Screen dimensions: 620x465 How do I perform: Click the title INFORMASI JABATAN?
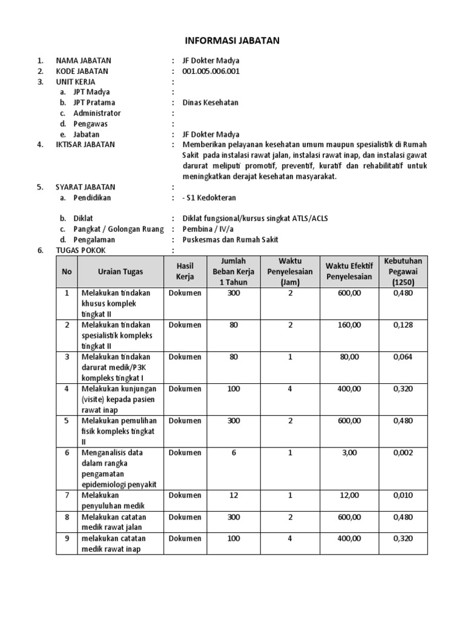(232, 41)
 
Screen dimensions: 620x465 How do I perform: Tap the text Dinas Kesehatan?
(210, 102)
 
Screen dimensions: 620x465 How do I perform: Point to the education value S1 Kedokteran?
(209, 197)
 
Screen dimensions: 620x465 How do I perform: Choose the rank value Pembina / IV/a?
(208, 229)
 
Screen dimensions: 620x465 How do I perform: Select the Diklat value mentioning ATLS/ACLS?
(254, 219)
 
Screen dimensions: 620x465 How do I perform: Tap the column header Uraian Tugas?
(120, 272)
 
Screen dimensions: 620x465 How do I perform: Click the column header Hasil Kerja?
(185, 271)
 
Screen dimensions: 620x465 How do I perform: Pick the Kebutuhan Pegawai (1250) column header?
(403, 271)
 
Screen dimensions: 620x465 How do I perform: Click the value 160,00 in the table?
(349, 325)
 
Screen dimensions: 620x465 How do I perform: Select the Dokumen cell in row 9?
(185, 538)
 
